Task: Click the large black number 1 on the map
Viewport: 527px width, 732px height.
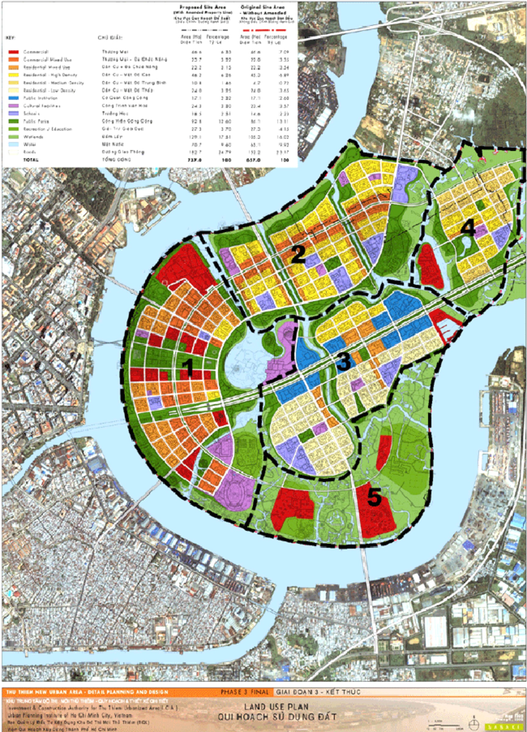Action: click(x=188, y=368)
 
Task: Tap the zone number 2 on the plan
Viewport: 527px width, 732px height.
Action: click(x=298, y=255)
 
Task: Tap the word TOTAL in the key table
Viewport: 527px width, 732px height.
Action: click(x=31, y=160)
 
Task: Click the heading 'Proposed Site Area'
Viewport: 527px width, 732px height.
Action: click(x=203, y=7)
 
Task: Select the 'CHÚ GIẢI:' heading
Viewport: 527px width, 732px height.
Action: click(x=110, y=38)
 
